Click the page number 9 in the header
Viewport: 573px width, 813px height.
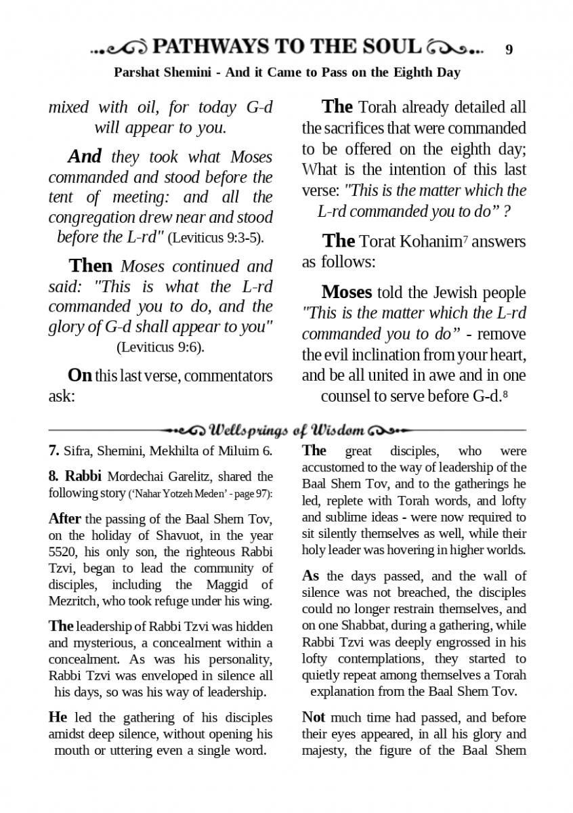tap(509, 49)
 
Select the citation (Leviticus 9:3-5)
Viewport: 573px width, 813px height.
tap(215, 238)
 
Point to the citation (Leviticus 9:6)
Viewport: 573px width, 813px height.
tap(161, 348)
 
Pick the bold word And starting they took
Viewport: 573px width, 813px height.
tap(85, 157)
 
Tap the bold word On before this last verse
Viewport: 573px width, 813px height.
tap(79, 375)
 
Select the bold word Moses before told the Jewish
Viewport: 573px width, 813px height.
tap(346, 292)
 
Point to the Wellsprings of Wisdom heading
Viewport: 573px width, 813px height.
tap(287, 430)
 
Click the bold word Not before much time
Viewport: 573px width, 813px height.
tap(314, 717)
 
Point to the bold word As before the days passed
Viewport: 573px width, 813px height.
tap(310, 577)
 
